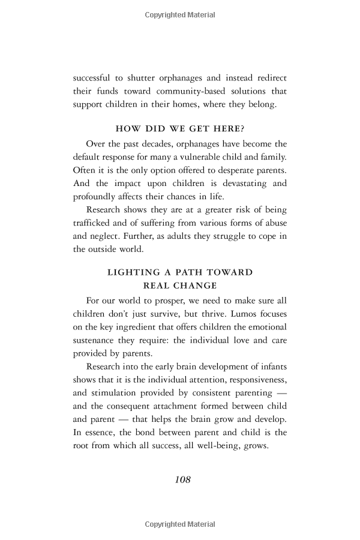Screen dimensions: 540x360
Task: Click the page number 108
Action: coord(182,479)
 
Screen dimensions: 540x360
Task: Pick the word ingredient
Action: coord(136,327)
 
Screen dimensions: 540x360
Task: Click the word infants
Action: coord(273,367)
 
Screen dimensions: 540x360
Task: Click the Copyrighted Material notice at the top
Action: coord(180,15)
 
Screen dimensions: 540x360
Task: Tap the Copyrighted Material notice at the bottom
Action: coord(180,525)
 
